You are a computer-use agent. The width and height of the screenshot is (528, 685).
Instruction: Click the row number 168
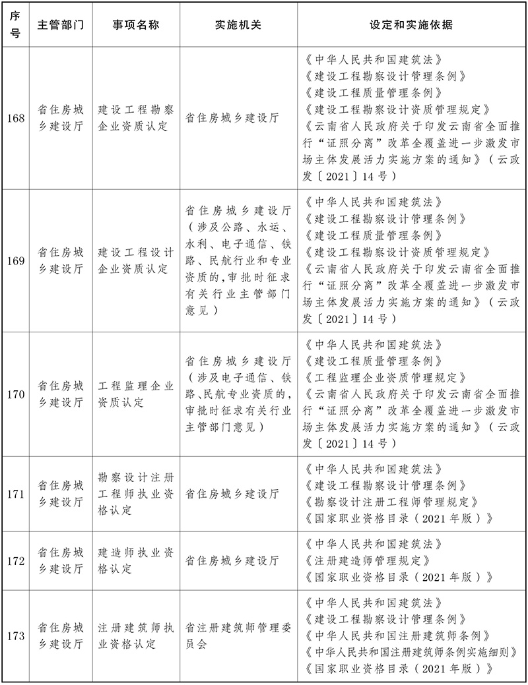(x=15, y=119)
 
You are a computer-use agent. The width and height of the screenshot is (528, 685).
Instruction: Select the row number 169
(x=15, y=260)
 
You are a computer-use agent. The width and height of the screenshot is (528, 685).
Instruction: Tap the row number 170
(x=15, y=394)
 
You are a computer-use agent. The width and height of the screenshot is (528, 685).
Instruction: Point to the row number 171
(x=15, y=494)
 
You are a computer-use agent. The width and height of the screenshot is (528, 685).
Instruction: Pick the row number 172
(x=15, y=560)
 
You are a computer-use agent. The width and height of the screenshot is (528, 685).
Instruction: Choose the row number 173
(x=15, y=636)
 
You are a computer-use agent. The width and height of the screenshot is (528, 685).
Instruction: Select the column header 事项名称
(x=135, y=24)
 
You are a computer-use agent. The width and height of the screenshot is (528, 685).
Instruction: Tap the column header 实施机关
(x=238, y=24)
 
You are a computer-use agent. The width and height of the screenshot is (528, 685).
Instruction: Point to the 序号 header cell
(x=15, y=24)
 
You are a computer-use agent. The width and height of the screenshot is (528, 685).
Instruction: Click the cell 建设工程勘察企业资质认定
(x=135, y=119)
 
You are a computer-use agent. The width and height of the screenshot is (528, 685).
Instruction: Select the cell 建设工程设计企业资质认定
(x=135, y=260)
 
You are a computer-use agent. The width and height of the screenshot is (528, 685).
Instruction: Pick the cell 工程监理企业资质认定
(x=135, y=394)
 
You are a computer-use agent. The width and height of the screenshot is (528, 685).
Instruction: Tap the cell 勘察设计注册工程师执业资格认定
(x=135, y=494)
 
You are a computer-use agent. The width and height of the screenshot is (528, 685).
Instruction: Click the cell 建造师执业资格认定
(x=135, y=560)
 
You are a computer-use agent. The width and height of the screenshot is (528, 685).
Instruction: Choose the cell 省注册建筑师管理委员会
(x=238, y=636)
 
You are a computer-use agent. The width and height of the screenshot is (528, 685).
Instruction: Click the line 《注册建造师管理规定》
(x=369, y=560)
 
